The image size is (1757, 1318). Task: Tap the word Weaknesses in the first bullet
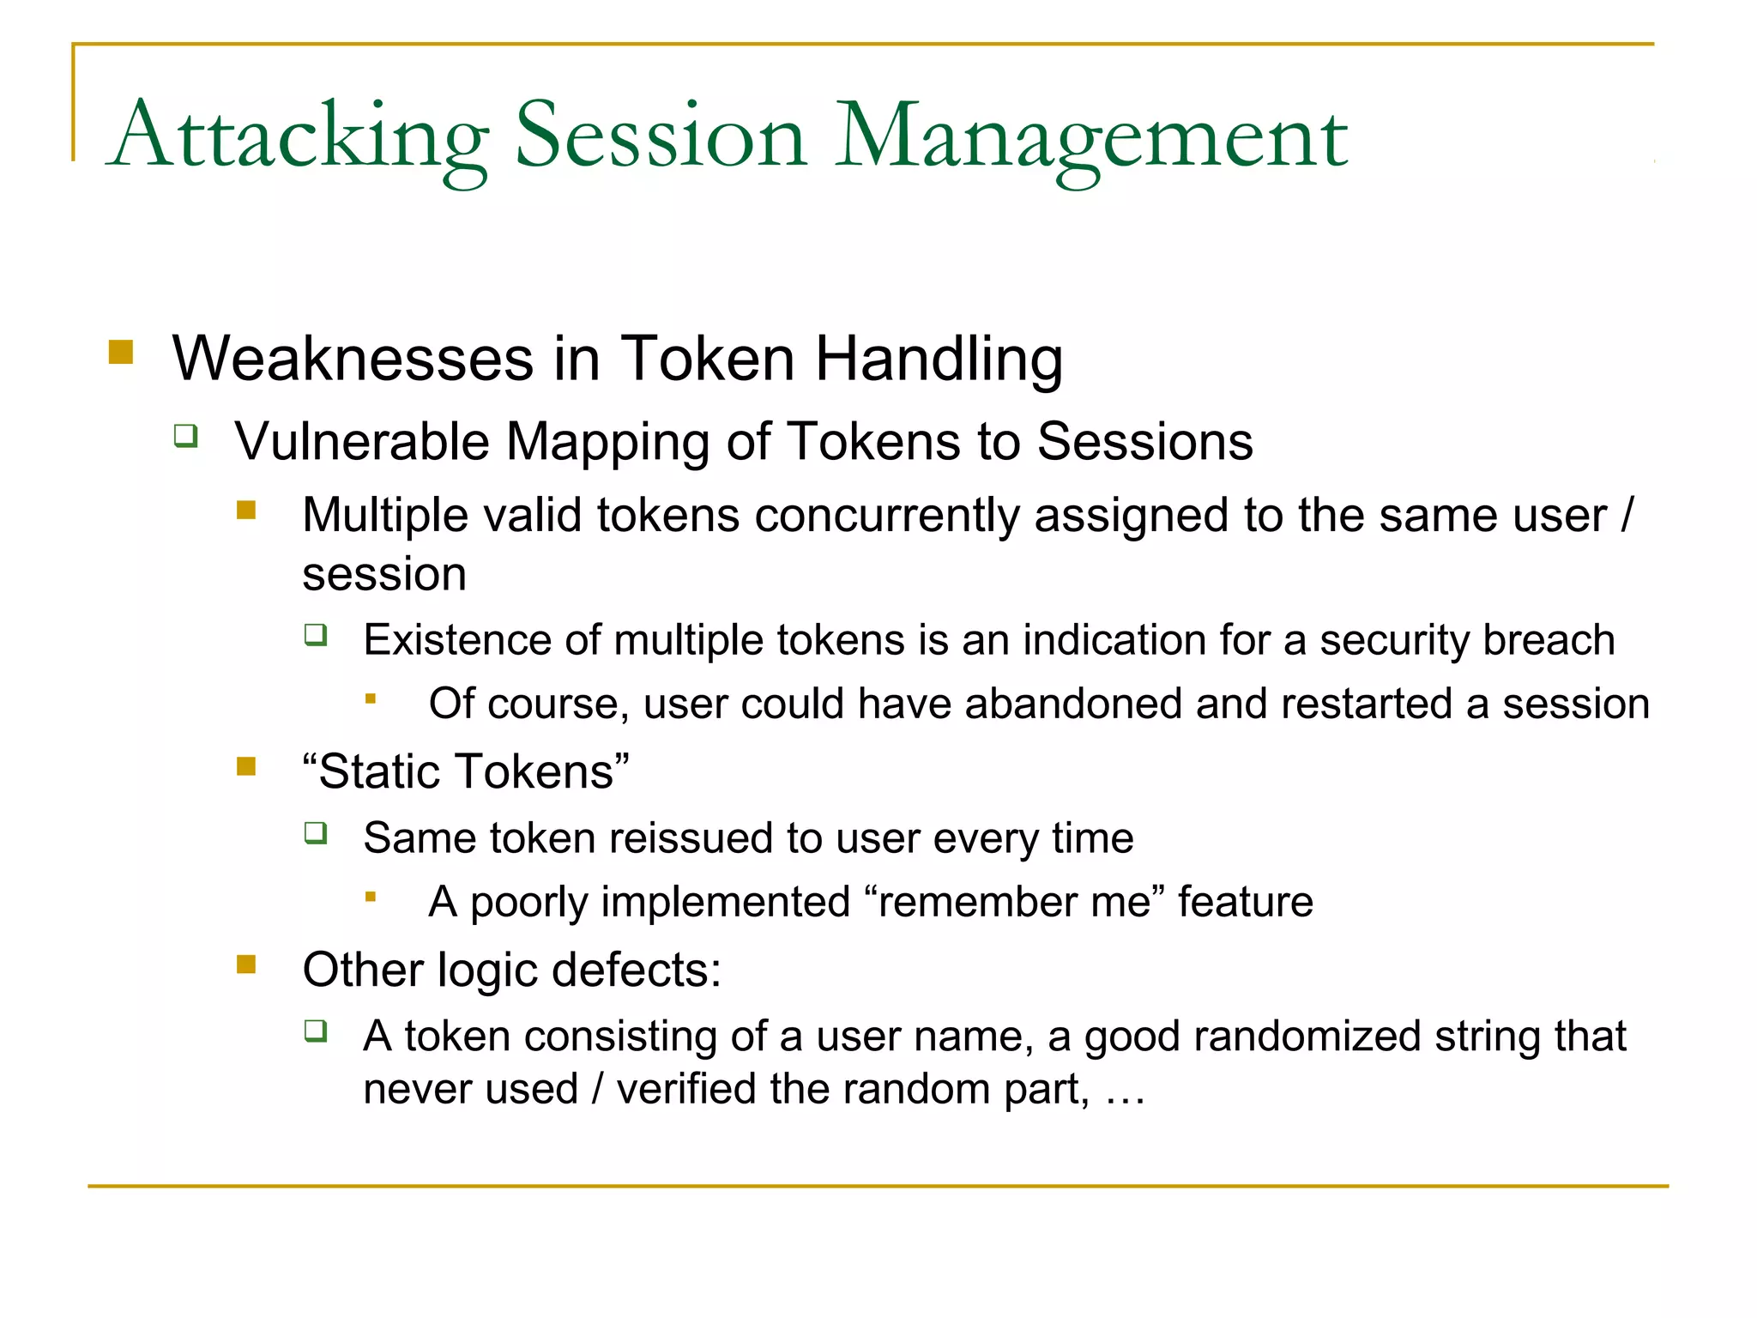(x=353, y=359)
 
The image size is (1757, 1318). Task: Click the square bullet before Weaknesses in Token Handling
(x=121, y=353)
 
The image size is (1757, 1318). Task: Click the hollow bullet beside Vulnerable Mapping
(x=185, y=436)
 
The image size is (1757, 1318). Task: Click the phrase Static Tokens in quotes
(x=466, y=771)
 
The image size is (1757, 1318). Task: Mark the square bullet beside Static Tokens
(x=247, y=765)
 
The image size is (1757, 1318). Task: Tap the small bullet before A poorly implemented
(x=371, y=898)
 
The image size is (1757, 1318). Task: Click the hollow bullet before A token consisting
(x=316, y=1031)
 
